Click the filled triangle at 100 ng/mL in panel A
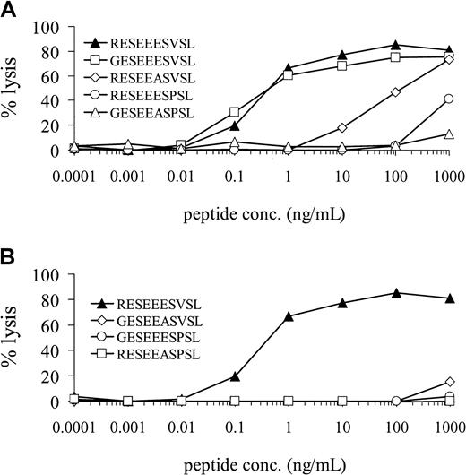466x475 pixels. coord(394,45)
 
